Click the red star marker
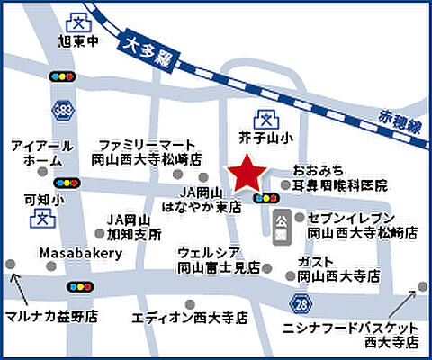(247, 174)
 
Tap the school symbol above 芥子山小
(265, 116)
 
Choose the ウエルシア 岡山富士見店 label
(219, 259)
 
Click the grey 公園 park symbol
(280, 226)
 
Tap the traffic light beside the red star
(265, 198)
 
